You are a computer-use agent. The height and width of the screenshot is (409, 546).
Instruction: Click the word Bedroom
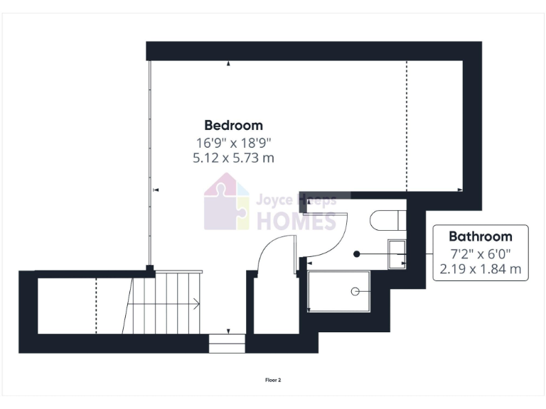(233, 126)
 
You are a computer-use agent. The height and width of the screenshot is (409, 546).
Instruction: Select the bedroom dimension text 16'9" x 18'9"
(233, 142)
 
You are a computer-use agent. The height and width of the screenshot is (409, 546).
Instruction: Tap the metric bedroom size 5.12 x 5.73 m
(233, 158)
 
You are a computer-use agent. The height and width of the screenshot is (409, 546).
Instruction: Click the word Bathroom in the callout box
(480, 236)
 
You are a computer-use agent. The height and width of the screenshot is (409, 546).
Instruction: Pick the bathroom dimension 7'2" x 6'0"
(480, 253)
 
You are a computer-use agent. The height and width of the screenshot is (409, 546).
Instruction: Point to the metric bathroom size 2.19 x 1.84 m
(480, 269)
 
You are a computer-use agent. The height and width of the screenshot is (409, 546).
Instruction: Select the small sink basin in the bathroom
(396, 253)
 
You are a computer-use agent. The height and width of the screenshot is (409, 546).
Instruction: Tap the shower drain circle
(355, 291)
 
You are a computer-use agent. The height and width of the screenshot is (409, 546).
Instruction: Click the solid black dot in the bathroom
(357, 253)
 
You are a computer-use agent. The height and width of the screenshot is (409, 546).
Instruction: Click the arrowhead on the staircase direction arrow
(196, 304)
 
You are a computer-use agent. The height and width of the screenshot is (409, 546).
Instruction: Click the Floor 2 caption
(273, 380)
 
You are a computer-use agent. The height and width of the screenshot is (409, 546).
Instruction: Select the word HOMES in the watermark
(296, 221)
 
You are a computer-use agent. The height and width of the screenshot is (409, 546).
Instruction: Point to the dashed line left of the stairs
(95, 305)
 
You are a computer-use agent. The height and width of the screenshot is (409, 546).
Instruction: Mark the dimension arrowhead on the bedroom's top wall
(228, 64)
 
